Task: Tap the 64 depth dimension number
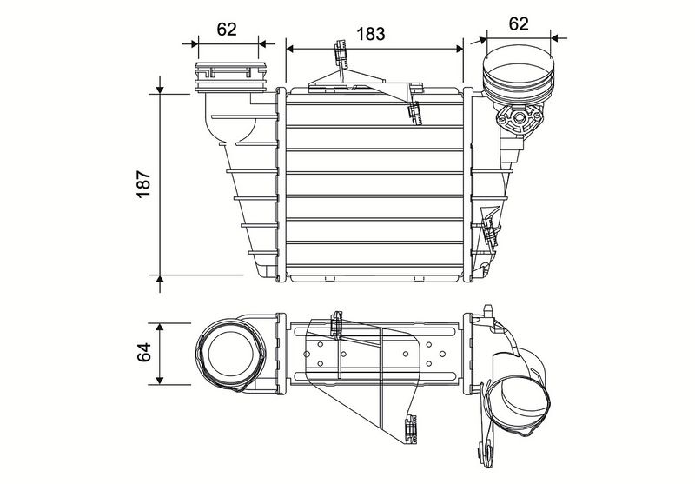tap(145, 352)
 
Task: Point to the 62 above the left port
tap(227, 29)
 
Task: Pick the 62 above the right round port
tap(520, 23)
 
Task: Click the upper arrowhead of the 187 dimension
tap(162, 88)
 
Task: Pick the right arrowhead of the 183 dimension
tap(460, 41)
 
